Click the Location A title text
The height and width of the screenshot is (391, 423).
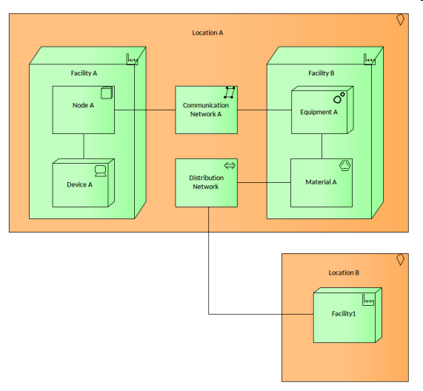(207, 33)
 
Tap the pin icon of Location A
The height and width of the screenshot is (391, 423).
(401, 20)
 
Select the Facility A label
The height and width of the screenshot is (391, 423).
(84, 73)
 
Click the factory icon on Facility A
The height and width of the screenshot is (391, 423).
(132, 59)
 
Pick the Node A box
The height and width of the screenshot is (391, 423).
(84, 110)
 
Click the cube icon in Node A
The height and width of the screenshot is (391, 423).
(107, 93)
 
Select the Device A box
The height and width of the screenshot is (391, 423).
(84, 183)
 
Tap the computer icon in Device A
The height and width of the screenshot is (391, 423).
(100, 171)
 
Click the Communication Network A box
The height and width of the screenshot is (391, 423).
(207, 110)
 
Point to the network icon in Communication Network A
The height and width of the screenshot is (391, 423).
(230, 93)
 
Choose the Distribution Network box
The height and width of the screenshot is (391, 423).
(207, 183)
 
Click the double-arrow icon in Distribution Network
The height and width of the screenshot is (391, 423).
(230, 166)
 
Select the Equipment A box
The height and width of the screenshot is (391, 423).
(322, 110)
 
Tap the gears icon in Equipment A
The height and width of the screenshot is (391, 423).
(339, 98)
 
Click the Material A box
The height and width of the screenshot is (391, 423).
(322, 183)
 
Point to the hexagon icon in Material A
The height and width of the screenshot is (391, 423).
(344, 166)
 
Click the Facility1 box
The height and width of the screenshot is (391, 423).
(347, 315)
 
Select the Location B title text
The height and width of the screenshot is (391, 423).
(344, 273)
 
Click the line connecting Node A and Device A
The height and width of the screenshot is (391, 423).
(84, 146)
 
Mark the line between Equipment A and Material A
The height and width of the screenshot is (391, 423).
(322, 146)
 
